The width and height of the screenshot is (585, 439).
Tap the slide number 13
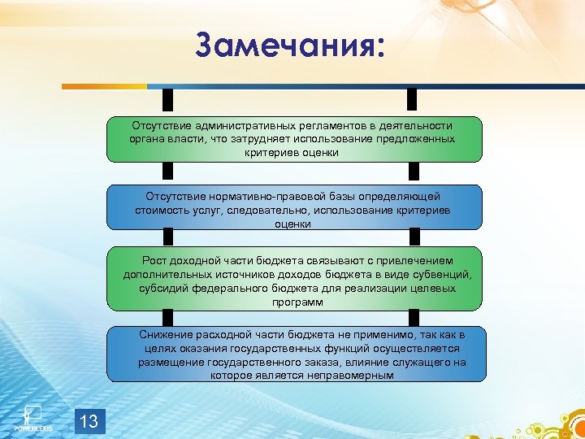89,420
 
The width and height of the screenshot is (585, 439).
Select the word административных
223,125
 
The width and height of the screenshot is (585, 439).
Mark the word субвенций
444,275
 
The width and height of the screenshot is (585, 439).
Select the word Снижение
166,334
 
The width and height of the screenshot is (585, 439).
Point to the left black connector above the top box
168,100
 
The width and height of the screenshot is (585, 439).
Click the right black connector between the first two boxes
413,171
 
